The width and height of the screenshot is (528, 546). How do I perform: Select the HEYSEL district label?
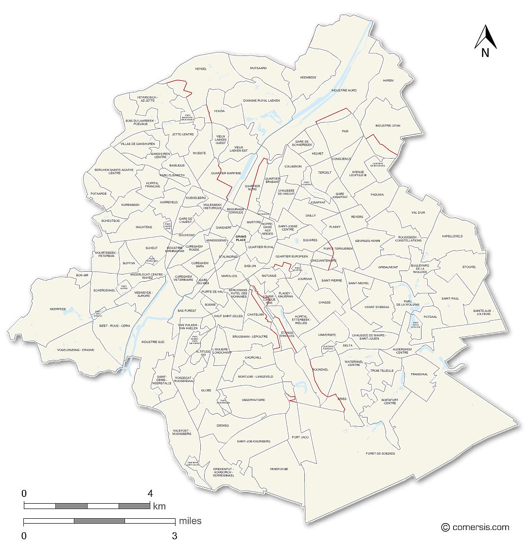click(201, 69)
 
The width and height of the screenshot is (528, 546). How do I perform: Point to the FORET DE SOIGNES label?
click(380, 454)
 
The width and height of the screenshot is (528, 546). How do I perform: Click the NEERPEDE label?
click(57, 309)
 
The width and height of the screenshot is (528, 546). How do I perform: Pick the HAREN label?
click(388, 80)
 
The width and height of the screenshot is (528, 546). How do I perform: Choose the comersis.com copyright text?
click(475, 527)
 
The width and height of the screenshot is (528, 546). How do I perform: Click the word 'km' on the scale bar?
click(159, 506)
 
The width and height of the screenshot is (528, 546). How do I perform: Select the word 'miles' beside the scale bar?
click(190, 521)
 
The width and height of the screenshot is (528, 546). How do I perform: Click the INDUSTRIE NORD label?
click(344, 91)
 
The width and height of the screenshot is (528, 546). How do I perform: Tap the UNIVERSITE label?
click(327, 335)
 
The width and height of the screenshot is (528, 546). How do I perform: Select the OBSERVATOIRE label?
click(253, 400)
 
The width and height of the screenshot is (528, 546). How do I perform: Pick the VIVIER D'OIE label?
click(279, 469)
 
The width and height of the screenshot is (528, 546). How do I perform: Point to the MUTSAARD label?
click(259, 68)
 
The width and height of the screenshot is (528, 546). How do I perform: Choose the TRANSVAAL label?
click(419, 374)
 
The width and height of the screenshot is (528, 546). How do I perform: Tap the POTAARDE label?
click(98, 193)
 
